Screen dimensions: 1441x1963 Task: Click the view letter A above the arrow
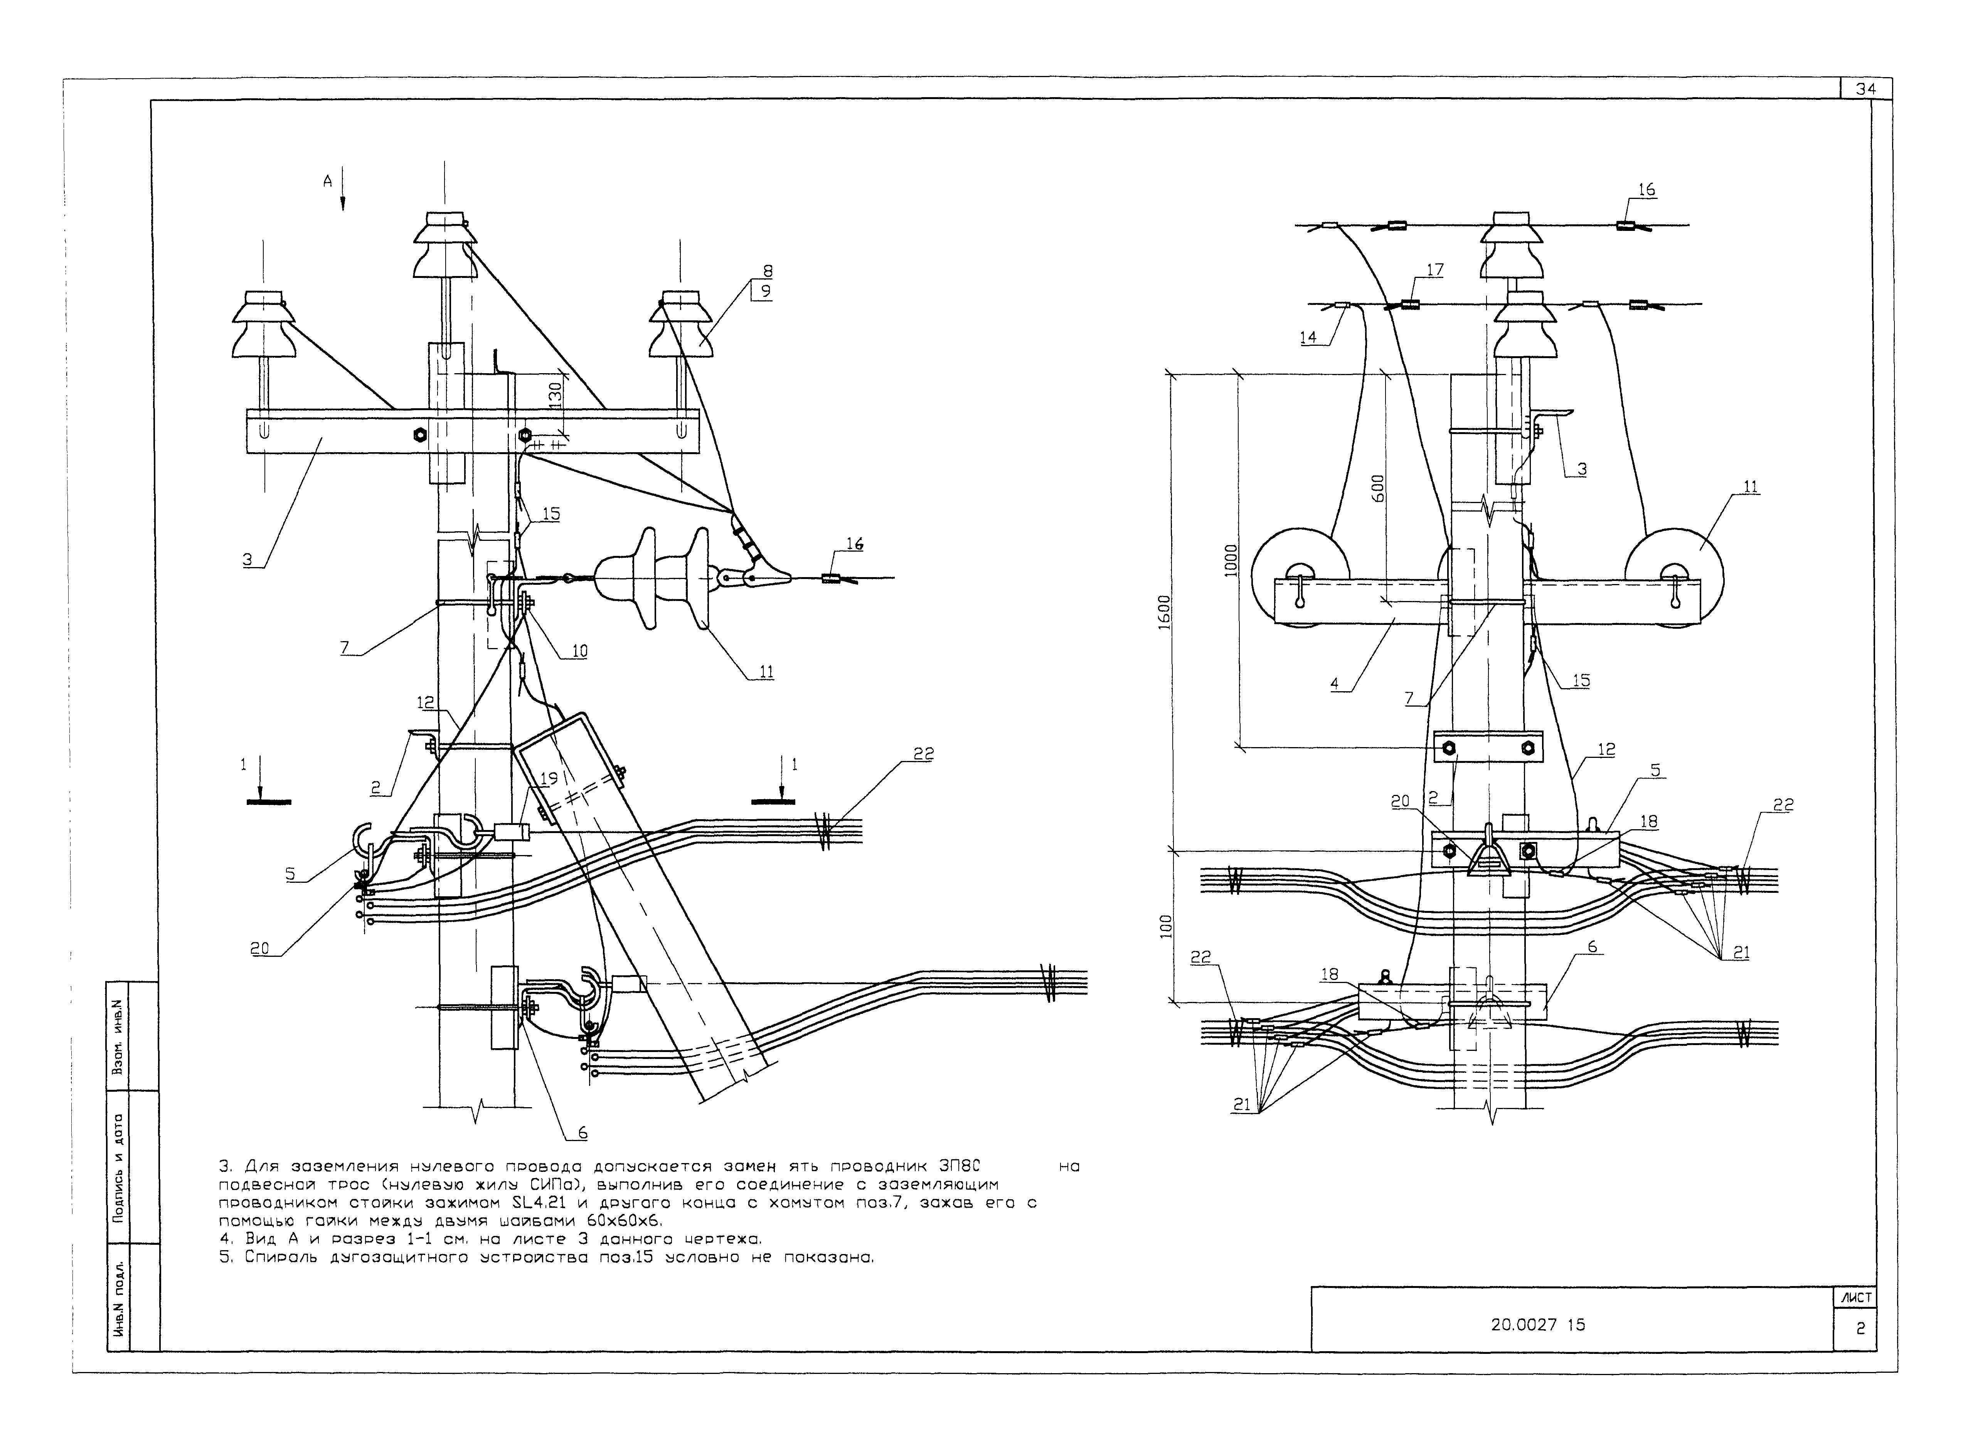pyautogui.click(x=328, y=180)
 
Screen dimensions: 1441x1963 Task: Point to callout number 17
pyautogui.click(x=1434, y=270)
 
